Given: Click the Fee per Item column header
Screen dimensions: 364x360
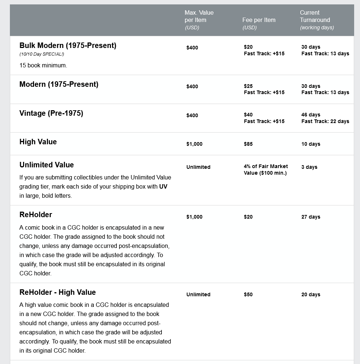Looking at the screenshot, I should (259, 20).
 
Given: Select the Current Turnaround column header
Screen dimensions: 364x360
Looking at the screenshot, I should (315, 20).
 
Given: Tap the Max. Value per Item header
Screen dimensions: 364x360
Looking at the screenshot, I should (199, 16).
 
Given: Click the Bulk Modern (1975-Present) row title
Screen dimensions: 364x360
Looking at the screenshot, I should (68, 46).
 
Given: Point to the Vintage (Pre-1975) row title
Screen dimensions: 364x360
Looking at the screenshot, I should (51, 114).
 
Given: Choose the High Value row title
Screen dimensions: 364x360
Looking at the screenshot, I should (38, 142).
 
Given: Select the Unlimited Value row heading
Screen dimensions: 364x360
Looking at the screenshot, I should (47, 165).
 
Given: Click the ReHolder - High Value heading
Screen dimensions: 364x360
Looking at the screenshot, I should (57, 293).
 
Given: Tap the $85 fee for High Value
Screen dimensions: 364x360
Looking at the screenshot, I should (248, 144).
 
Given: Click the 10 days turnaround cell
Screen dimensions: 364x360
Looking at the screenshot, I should (311, 144).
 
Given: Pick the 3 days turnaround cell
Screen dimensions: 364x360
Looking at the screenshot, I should (309, 167).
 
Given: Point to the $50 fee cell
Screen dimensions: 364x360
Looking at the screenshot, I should (248, 295).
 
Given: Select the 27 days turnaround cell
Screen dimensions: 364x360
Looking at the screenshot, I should (311, 217).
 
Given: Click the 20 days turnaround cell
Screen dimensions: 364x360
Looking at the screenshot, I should (311, 295).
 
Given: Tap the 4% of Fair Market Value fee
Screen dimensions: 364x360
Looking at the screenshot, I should (266, 170).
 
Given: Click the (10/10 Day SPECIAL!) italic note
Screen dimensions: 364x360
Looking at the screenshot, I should (42, 55).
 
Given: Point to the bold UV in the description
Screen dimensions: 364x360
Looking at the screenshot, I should (163, 187).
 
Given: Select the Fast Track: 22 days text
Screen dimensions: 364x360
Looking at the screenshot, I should (325, 122).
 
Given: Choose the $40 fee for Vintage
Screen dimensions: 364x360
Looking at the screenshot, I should (248, 115).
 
